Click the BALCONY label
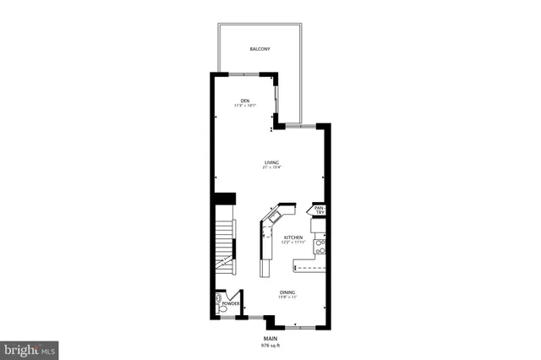(260, 49)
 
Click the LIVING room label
(271, 162)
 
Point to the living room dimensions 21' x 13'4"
(271, 168)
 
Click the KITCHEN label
(293, 237)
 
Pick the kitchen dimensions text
(293, 243)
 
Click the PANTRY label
(320, 210)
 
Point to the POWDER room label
(231, 302)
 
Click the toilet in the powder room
(219, 299)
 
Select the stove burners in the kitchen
(320, 246)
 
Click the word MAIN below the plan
(270, 338)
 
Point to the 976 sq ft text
(270, 345)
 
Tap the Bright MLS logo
(30, 348)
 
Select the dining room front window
(299, 325)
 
